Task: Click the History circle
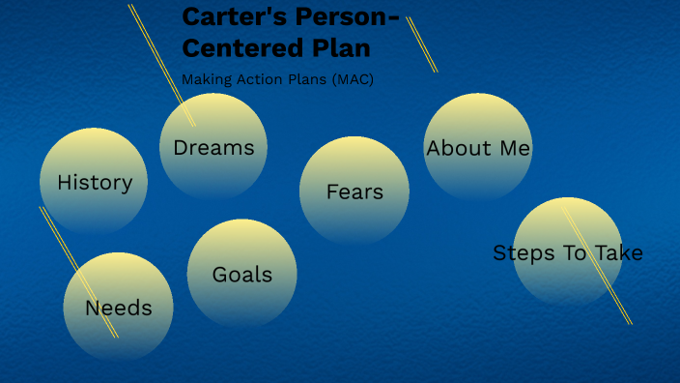point(94,182)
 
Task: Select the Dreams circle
point(213,147)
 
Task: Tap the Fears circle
point(354,191)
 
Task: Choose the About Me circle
point(478,148)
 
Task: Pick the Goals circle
point(241,274)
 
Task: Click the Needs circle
point(118,308)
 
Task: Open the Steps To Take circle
point(568,252)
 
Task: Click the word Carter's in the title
point(232,16)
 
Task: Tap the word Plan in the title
point(338,47)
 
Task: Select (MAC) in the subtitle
point(353,79)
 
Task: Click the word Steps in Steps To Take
point(524,252)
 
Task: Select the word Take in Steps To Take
point(618,252)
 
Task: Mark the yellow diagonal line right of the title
point(422,44)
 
